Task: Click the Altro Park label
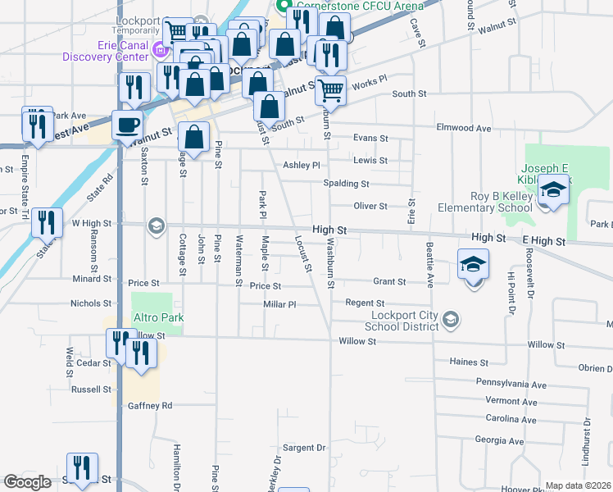(x=160, y=317)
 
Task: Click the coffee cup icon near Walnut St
(x=126, y=125)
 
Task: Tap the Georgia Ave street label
(x=498, y=440)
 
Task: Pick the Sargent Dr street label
(x=304, y=448)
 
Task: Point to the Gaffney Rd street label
(x=150, y=405)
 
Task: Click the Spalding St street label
(x=346, y=184)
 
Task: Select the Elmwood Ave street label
(x=464, y=128)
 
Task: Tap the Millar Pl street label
(x=279, y=304)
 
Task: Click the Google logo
(x=27, y=482)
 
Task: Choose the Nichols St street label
(x=90, y=303)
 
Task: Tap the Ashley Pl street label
(x=301, y=165)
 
